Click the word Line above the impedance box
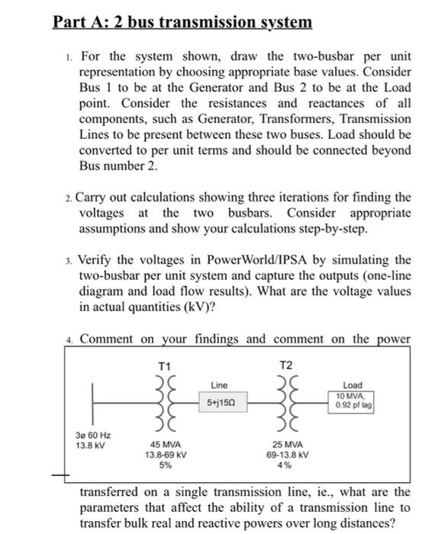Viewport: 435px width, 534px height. click(218, 384)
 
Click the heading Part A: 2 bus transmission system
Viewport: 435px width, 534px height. click(182, 22)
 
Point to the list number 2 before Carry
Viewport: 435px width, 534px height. click(69, 198)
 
